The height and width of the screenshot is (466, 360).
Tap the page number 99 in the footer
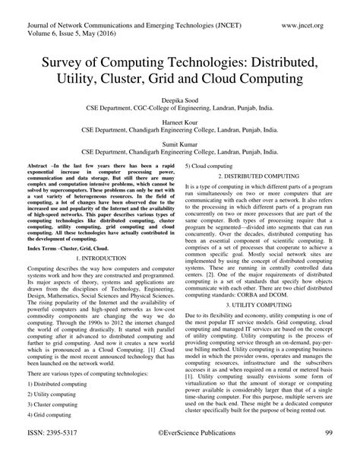point(329,454)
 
